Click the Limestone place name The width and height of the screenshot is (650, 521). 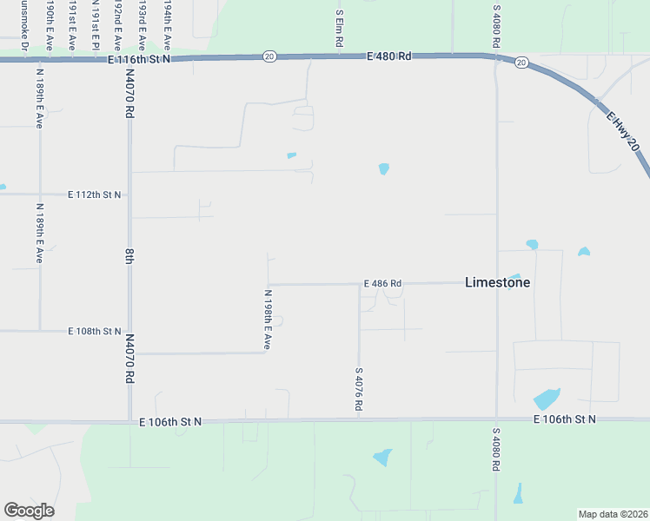click(497, 282)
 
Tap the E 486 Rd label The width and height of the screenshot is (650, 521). click(382, 284)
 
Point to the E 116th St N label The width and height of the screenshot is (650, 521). click(139, 59)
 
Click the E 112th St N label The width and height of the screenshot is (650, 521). click(95, 195)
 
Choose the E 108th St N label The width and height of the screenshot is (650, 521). click(95, 332)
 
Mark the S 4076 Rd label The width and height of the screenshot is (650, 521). click(358, 389)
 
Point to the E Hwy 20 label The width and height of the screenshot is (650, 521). click(622, 132)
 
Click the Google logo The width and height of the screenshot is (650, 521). click(29, 511)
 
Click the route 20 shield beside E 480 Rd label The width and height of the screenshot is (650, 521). click(269, 56)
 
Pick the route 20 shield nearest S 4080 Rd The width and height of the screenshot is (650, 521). click(521, 62)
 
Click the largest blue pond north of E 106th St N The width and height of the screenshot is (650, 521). click(547, 399)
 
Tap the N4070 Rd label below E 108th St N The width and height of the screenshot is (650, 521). click(129, 360)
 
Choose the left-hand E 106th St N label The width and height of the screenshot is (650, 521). click(170, 421)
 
